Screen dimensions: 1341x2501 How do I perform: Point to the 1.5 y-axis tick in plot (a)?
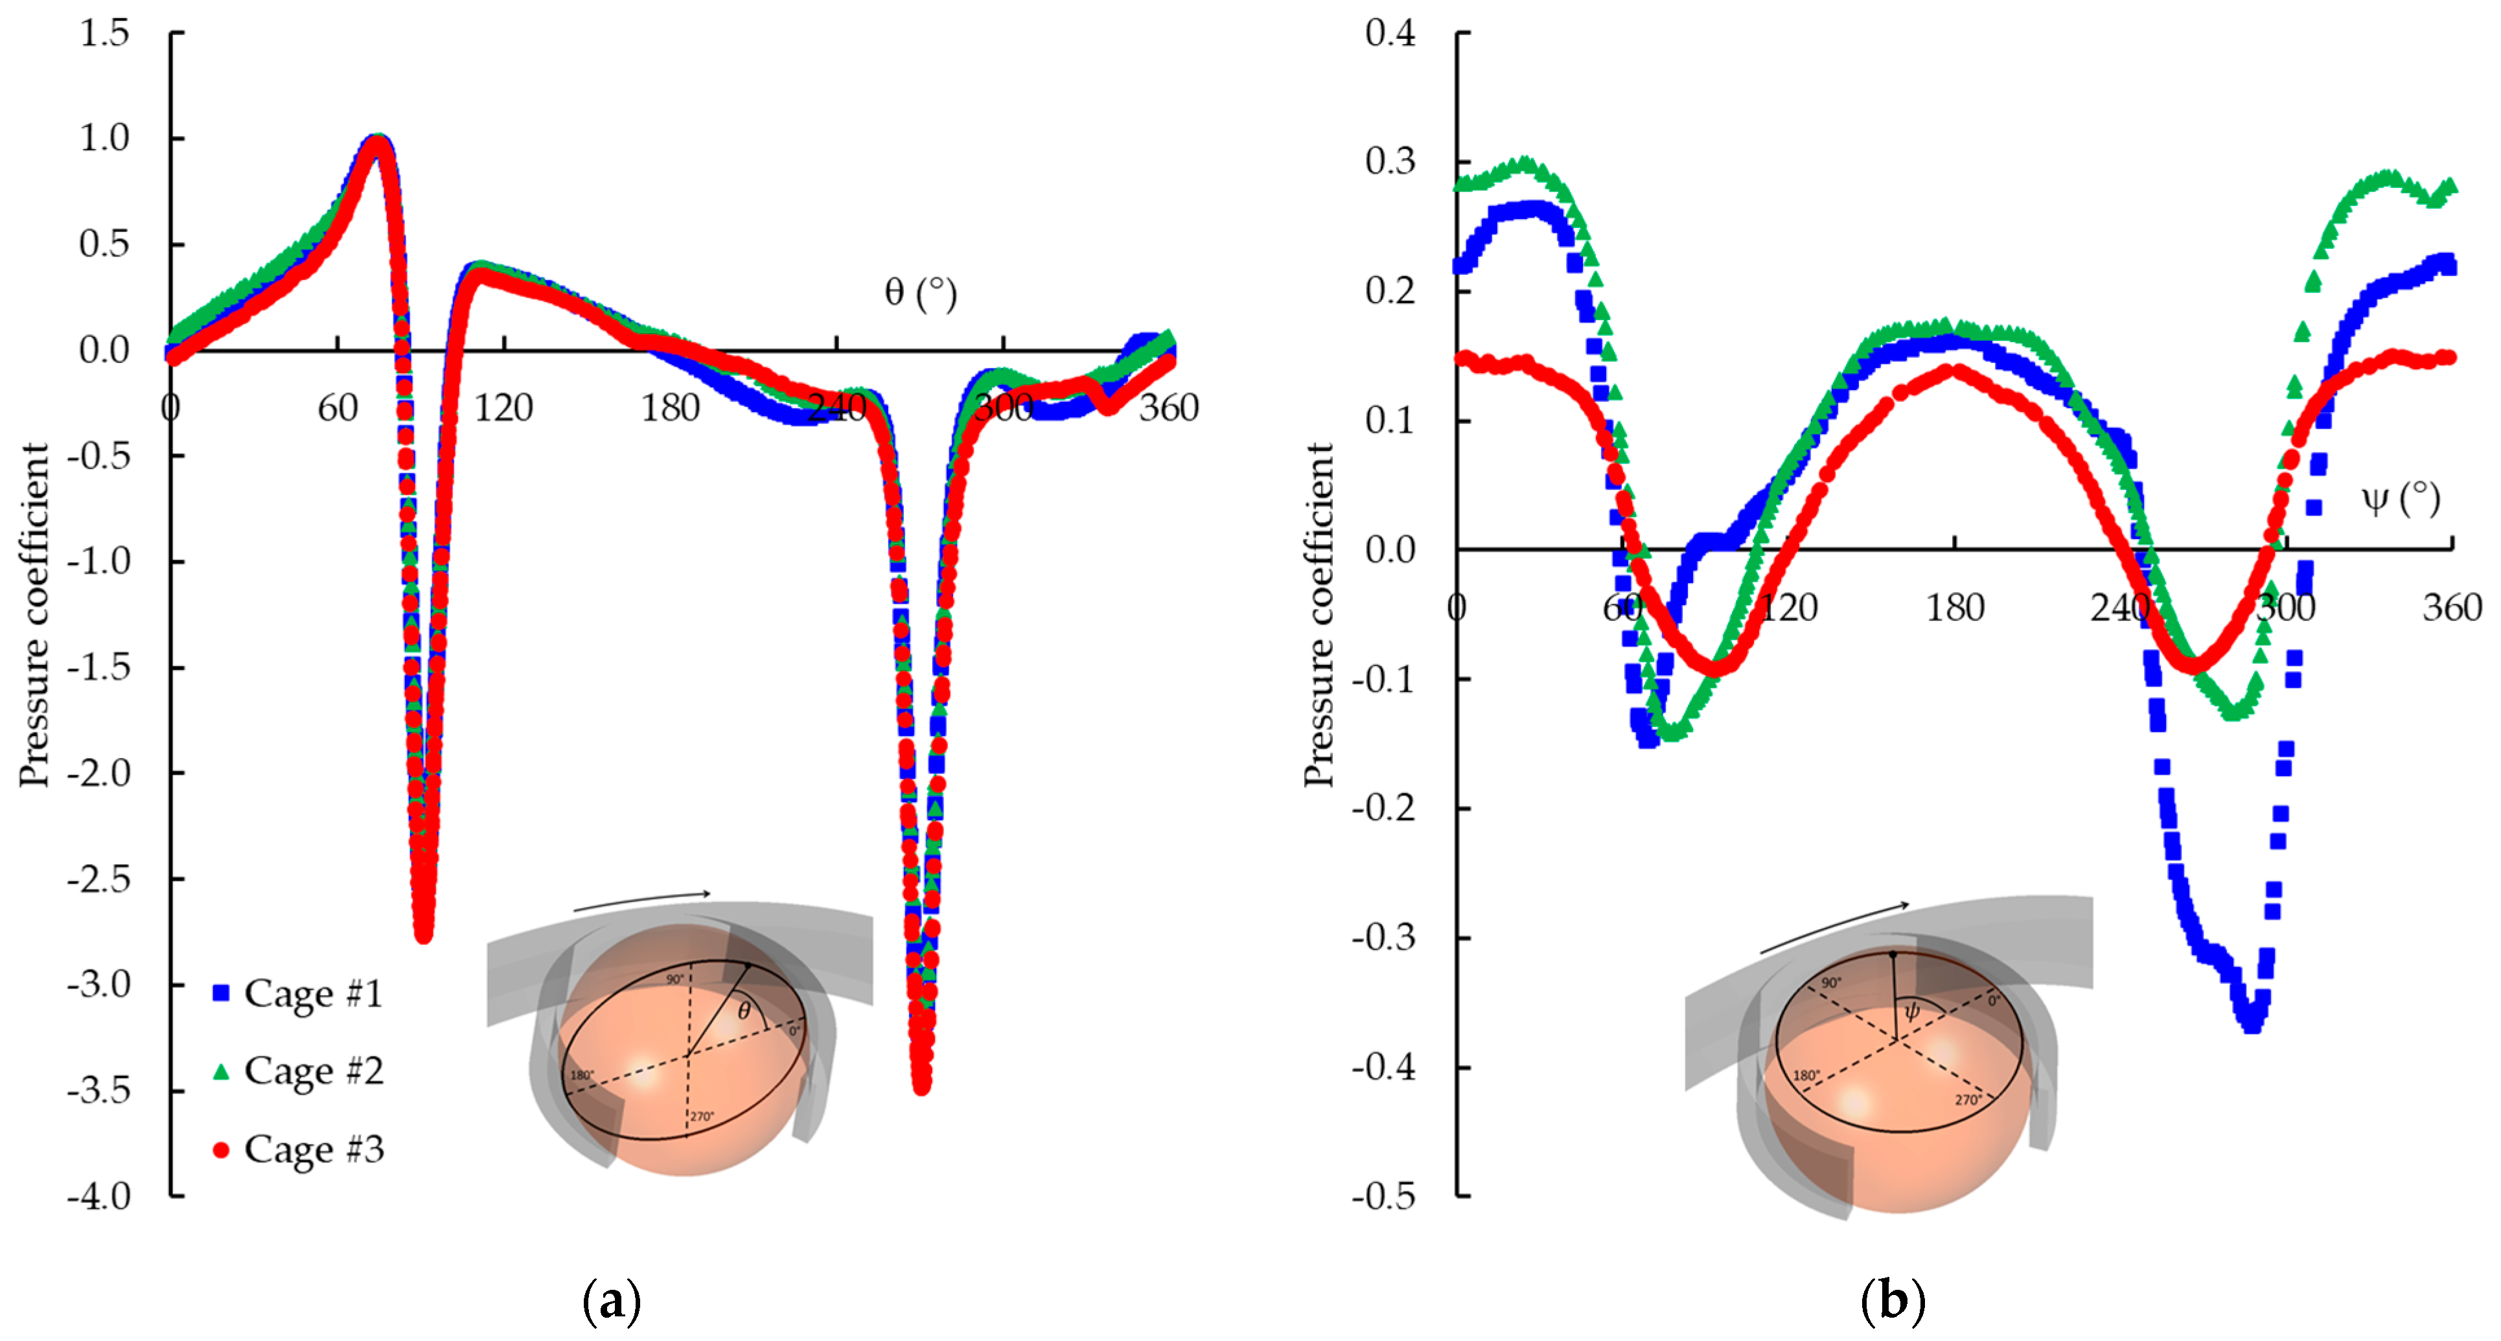coord(104,33)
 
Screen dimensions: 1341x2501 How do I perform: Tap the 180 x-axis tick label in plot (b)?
coord(1954,608)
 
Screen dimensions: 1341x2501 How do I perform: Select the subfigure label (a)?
coord(612,1300)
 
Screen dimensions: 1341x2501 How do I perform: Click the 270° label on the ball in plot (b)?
coord(1968,1100)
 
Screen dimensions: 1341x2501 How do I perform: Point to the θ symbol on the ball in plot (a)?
coord(744,1011)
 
